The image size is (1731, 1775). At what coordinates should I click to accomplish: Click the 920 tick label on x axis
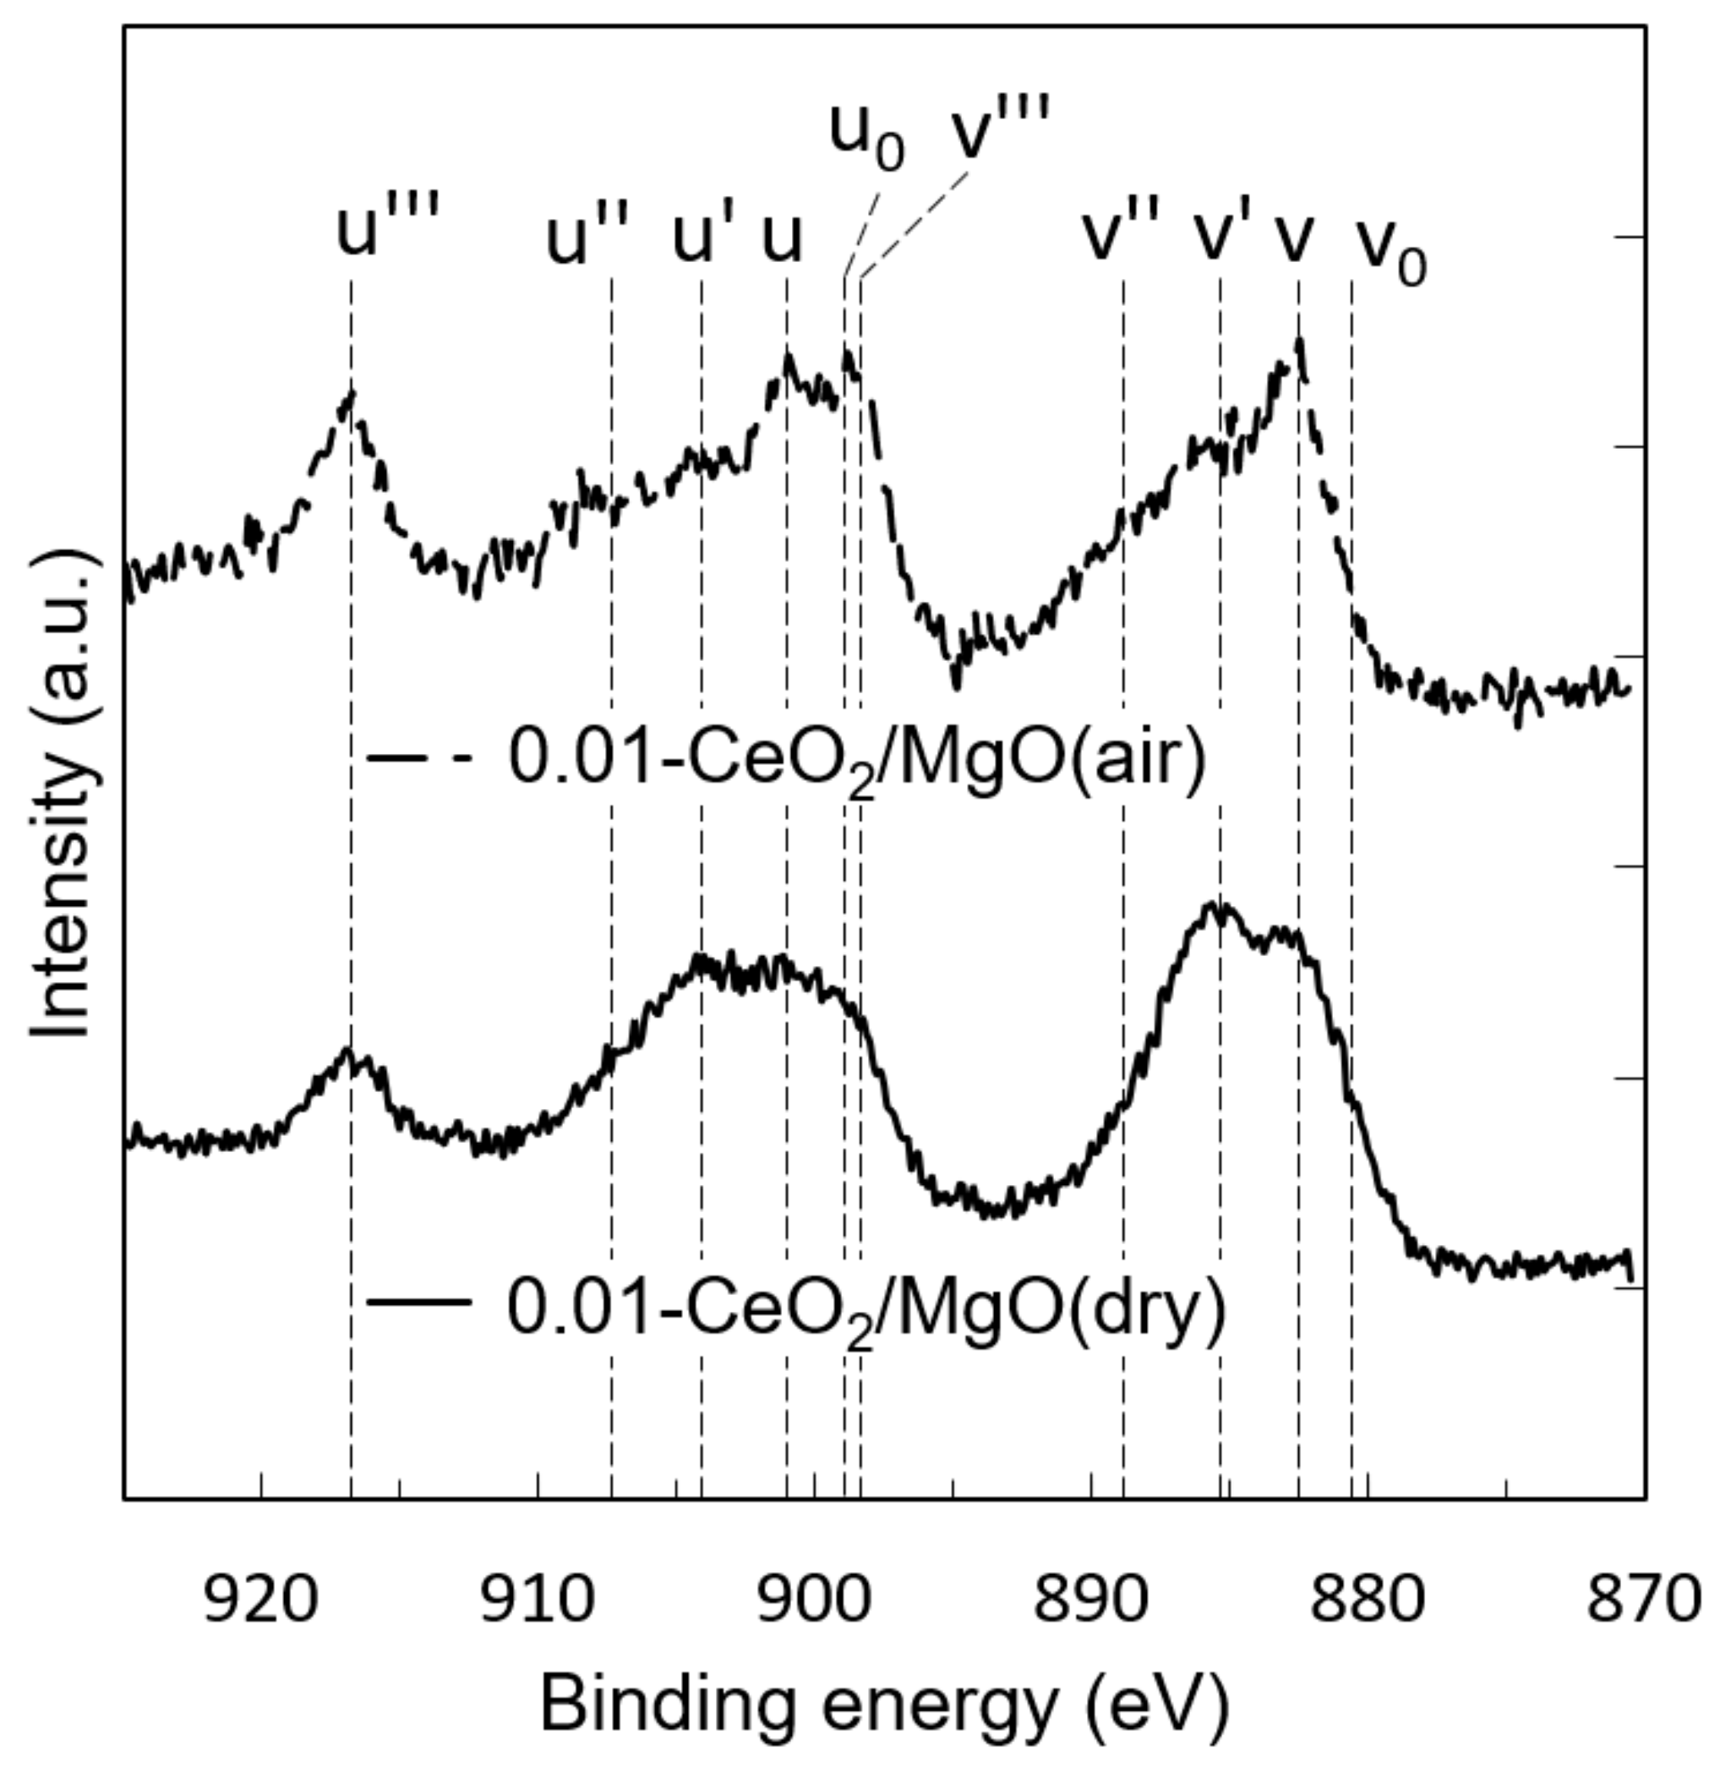tap(261, 1600)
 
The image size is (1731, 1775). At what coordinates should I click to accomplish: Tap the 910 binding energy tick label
tap(538, 1600)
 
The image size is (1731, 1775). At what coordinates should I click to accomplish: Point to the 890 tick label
tap(1090, 1600)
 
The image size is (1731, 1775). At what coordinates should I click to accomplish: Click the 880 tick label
tap(1368, 1600)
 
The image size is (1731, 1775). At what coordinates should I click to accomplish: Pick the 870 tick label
tap(1642, 1600)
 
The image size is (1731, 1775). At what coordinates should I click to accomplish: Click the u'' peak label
tap(587, 240)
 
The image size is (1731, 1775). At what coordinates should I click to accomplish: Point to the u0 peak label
tap(866, 134)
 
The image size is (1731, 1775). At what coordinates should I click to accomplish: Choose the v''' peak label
tap(1000, 129)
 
